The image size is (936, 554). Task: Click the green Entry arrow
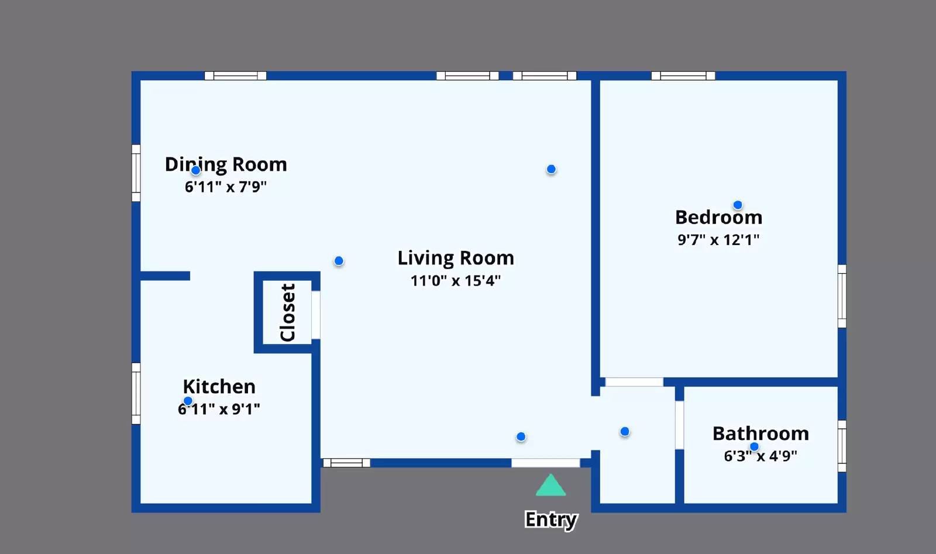550,486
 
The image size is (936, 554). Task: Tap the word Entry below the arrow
551,519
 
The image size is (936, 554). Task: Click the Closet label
287,312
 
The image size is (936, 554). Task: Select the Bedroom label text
719,217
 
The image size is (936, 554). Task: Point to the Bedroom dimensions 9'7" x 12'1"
718,240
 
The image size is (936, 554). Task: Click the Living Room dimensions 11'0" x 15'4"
456,280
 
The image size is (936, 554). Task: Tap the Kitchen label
219,387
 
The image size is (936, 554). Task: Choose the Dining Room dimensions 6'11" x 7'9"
226,187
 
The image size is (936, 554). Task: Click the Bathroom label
760,433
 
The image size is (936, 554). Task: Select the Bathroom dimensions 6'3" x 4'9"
760,456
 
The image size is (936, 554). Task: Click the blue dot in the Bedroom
738,205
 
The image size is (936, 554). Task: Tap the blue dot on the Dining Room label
195,170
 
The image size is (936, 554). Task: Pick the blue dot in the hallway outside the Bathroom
625,432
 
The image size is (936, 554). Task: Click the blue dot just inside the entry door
521,436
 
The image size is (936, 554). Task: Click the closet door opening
316,315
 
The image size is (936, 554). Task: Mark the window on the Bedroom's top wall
683,75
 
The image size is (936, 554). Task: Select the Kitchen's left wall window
136,394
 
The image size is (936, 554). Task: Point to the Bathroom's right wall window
842,446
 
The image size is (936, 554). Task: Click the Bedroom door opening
634,382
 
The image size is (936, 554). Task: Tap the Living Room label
456,258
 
